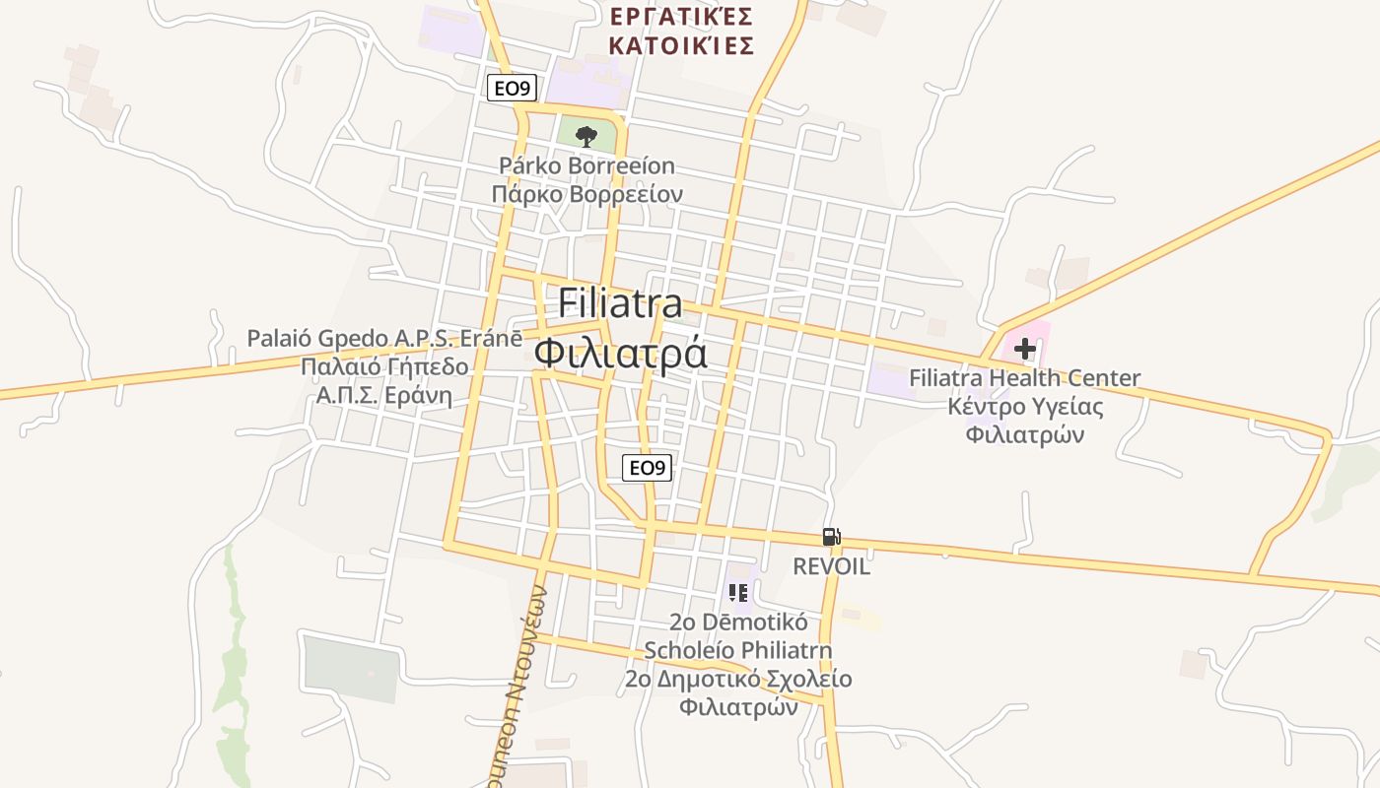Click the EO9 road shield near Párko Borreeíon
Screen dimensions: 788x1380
[x=512, y=89]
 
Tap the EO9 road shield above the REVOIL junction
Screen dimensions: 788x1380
[x=647, y=468]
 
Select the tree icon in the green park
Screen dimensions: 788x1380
[x=586, y=136]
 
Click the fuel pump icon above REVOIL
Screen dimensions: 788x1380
[x=831, y=537]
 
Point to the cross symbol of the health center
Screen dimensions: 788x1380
[x=1025, y=348]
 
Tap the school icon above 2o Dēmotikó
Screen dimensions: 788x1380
[x=738, y=593]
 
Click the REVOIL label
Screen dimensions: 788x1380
[x=832, y=566]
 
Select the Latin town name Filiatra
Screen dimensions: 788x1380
[x=620, y=303]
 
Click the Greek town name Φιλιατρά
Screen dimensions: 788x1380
[x=620, y=353]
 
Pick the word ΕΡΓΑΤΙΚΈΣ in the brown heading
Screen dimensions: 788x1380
[x=682, y=17]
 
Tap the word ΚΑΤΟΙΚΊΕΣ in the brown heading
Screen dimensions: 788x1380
[x=682, y=45]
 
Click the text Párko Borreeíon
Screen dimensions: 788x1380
[x=586, y=165]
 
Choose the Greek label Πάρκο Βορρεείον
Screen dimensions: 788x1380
[x=586, y=194]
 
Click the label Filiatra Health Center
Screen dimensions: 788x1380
[x=1024, y=377]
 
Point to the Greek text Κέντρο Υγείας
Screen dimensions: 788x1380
[x=1025, y=406]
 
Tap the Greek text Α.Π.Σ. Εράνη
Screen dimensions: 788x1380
[x=384, y=396]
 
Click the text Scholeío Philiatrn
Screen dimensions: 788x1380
[x=738, y=651]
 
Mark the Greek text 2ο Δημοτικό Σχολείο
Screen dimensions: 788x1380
[x=738, y=680]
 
